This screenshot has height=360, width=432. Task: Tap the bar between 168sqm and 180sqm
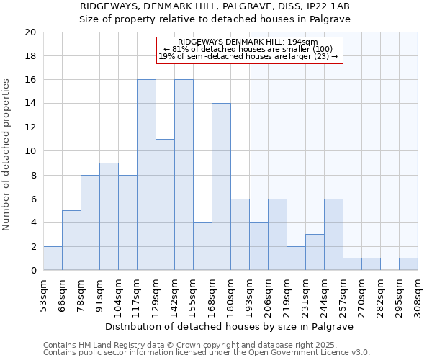221,186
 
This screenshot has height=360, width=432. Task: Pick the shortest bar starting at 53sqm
53,258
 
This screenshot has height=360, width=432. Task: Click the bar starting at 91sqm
109,217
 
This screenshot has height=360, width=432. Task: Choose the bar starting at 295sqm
408,264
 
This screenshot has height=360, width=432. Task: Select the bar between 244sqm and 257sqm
333,235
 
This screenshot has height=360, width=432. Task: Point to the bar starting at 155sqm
202,246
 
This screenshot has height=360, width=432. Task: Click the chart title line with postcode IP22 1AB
215,6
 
